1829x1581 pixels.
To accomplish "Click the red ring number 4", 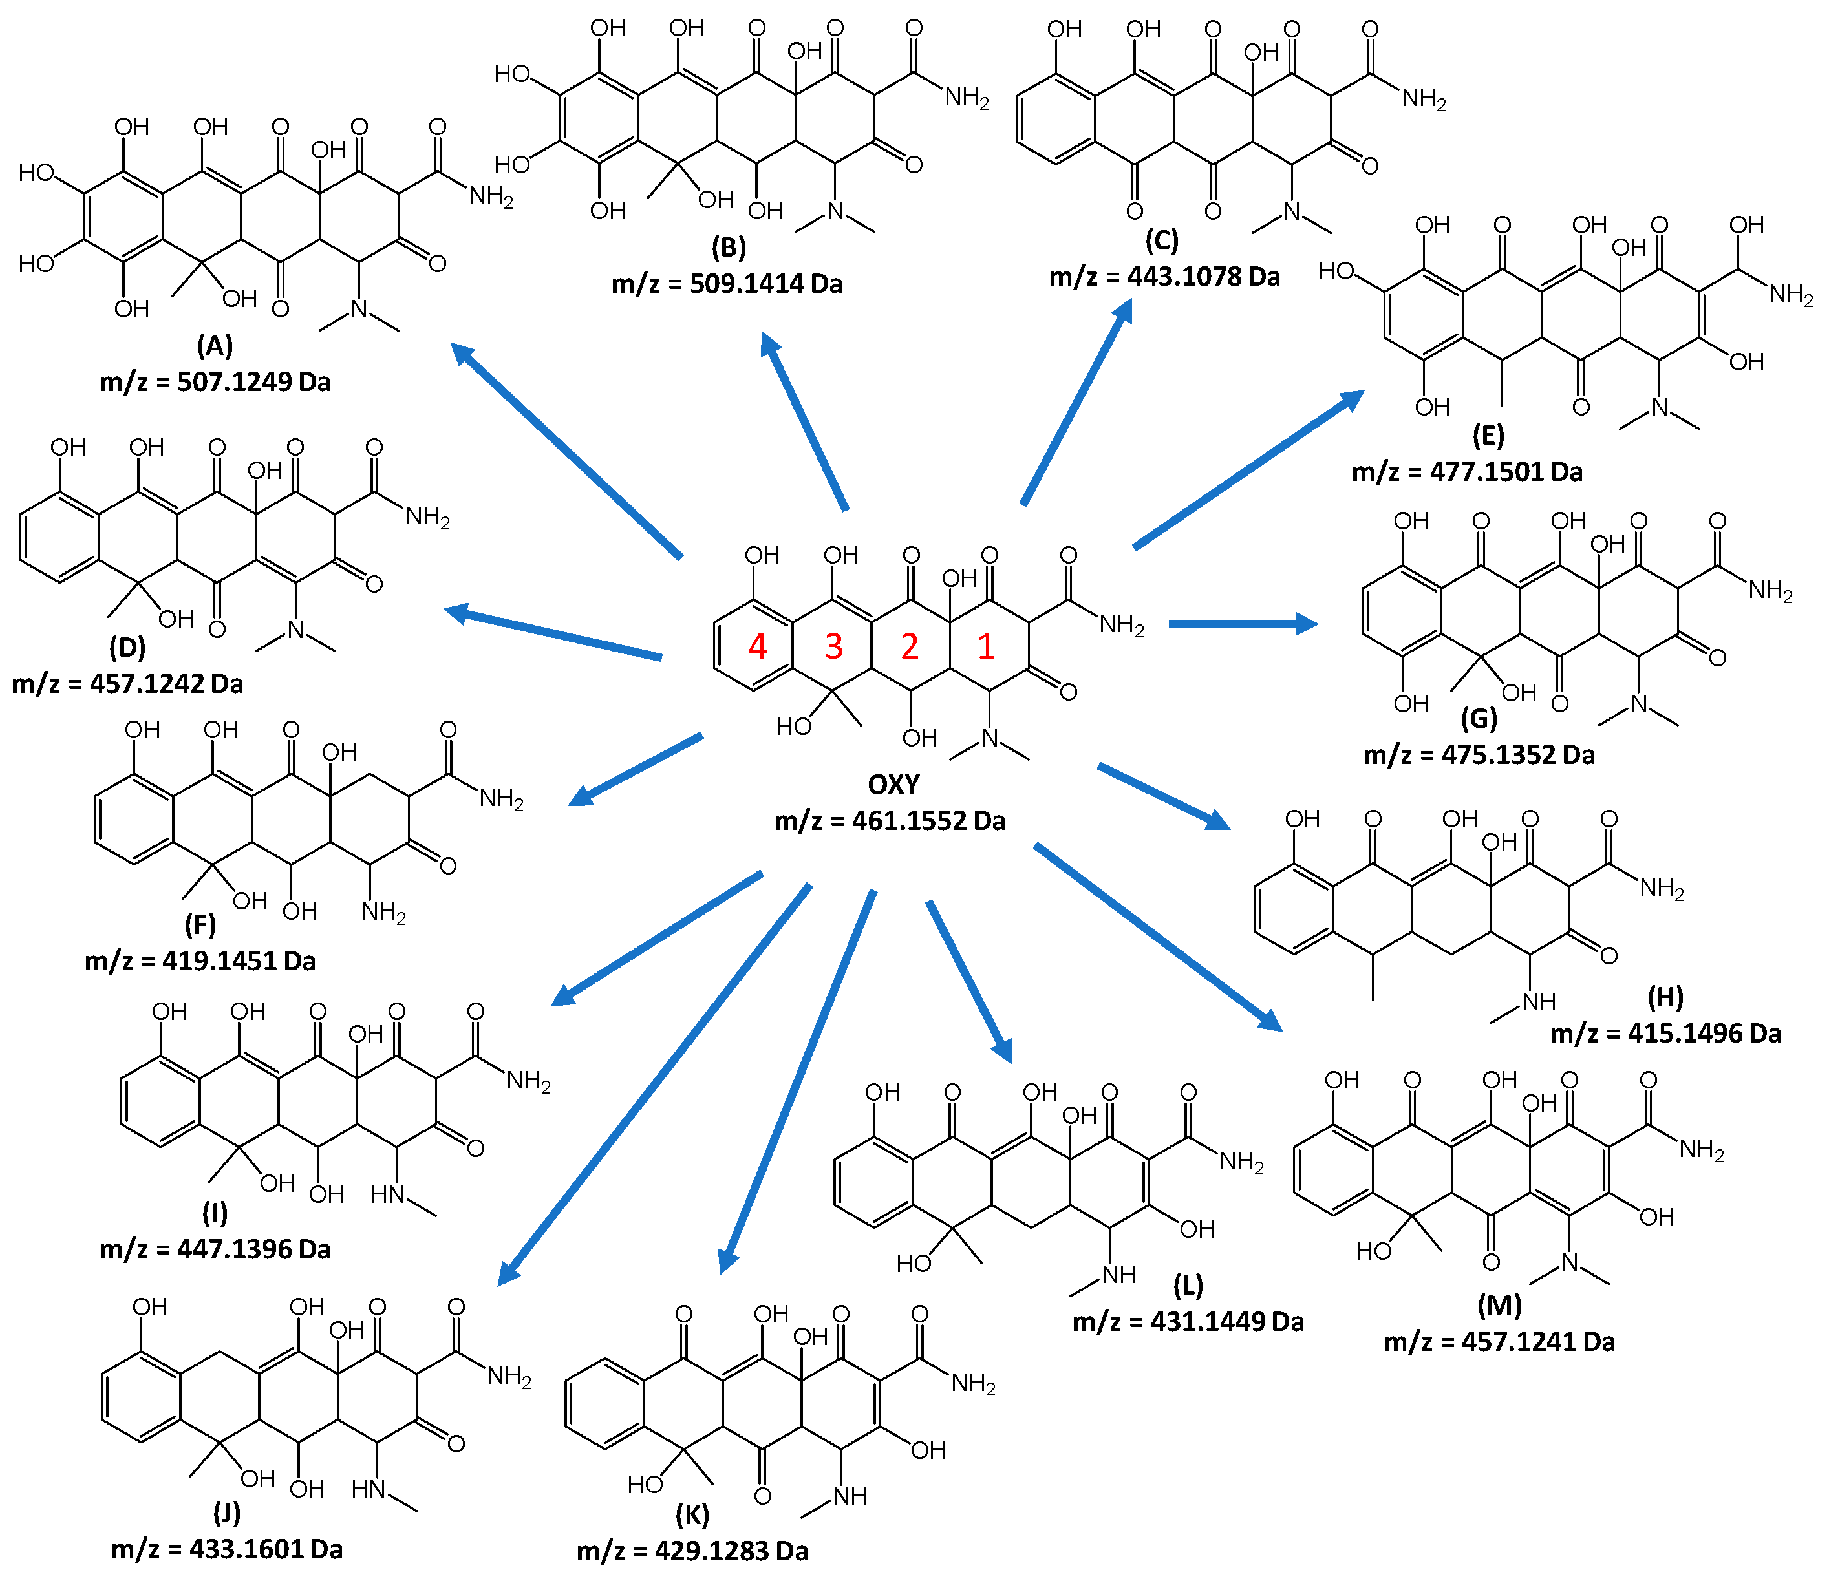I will [757, 647].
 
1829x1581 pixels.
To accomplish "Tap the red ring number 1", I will [986, 647].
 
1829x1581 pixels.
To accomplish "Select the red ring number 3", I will [834, 647].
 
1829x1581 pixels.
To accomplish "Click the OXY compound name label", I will [893, 784].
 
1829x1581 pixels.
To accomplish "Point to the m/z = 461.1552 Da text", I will [890, 821].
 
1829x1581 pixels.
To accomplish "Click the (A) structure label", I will [215, 345].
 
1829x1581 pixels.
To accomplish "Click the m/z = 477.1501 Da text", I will [1467, 471].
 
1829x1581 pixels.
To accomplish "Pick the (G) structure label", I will [1479, 719].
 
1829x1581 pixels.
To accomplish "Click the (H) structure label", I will [1665, 997].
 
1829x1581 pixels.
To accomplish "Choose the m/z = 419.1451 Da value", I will [200, 960].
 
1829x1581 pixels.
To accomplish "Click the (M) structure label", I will [1499, 1305].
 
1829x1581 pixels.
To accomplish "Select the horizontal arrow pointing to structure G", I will [1243, 624].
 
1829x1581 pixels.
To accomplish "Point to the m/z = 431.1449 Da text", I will [1188, 1321].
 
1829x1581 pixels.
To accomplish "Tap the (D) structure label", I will [127, 647].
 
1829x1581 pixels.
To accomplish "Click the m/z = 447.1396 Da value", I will [215, 1249].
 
